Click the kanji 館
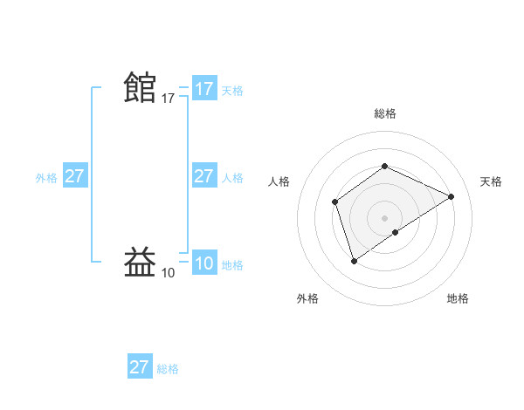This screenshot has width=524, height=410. pos(140,87)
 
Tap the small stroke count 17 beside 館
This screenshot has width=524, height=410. pos(169,99)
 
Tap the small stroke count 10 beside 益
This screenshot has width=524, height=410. pos(169,273)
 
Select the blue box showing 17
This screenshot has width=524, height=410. pos(204,89)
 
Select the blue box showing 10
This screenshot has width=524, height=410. pos(204,263)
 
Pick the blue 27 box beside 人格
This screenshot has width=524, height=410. pos(204,176)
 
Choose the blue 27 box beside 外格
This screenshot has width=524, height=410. pos(75,176)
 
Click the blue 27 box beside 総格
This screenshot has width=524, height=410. pos(140,366)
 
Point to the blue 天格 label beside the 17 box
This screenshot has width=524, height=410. pos(232,91)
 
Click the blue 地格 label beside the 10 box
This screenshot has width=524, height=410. pos(232,265)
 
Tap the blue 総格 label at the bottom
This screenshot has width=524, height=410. pos(168,369)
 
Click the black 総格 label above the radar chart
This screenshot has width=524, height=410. pos(385,113)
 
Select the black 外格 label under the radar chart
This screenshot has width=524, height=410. pos(307,298)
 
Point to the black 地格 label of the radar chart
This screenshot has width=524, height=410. pos(458,298)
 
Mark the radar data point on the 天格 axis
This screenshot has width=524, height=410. pos(452,196)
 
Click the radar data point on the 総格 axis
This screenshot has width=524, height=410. pos(384,166)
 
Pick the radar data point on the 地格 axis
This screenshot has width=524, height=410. pos(396,232)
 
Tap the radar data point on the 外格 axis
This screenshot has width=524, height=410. pos(354,260)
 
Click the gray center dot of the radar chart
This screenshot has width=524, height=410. pos(384,218)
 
